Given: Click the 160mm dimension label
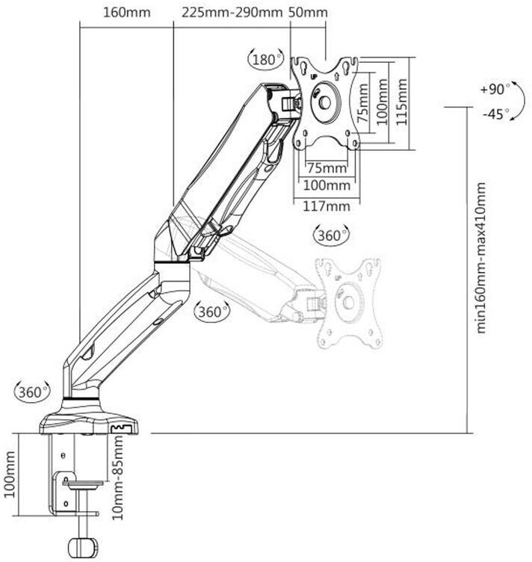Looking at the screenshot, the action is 126,13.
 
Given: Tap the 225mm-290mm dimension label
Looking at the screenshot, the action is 232,13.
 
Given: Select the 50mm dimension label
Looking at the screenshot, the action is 308,13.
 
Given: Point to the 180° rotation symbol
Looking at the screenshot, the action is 266,59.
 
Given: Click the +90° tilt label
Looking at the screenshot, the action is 495,89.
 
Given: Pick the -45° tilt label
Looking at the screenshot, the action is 496,114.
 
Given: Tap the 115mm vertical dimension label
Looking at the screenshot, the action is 401,102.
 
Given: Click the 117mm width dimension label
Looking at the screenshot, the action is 327,206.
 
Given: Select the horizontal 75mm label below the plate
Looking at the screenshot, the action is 327,168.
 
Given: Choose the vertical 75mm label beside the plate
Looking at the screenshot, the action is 362,103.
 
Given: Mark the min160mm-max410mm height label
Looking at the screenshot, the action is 481,258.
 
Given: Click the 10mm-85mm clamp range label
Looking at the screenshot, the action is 118,477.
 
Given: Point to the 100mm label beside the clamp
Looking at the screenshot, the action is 10,474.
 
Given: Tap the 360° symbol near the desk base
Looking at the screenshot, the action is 32,392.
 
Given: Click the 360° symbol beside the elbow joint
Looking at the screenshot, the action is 211,311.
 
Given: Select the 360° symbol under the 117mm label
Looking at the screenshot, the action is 332,235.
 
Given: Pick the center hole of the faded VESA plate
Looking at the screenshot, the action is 349,302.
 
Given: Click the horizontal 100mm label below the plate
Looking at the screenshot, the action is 327,185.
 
